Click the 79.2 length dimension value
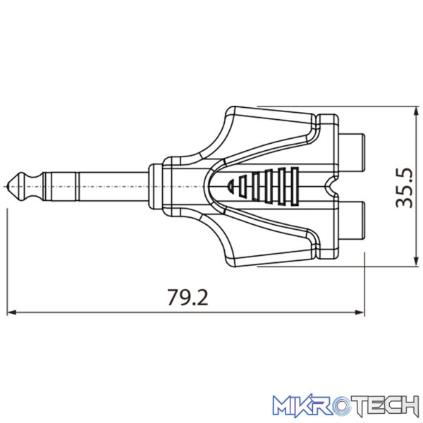click(x=188, y=297)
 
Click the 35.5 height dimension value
click(x=404, y=188)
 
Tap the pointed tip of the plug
click(x=8, y=186)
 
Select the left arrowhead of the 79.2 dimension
click(x=11, y=312)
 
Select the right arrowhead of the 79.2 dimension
click(x=360, y=312)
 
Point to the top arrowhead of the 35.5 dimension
click(x=417, y=111)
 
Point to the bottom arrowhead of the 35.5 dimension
click(x=417, y=262)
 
